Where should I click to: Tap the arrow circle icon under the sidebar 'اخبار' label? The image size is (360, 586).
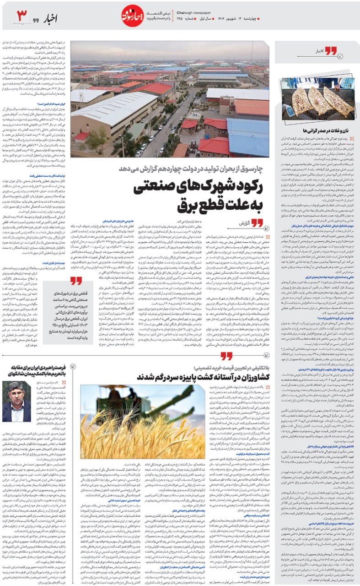[x=341, y=58]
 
